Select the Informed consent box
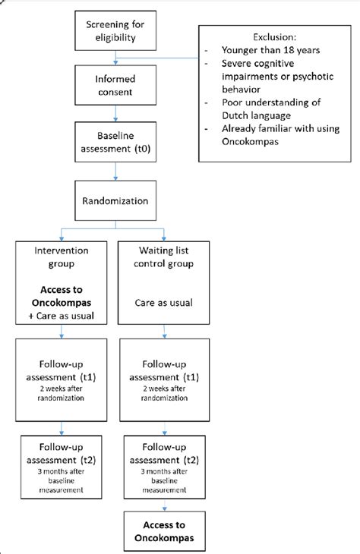(115, 86)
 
